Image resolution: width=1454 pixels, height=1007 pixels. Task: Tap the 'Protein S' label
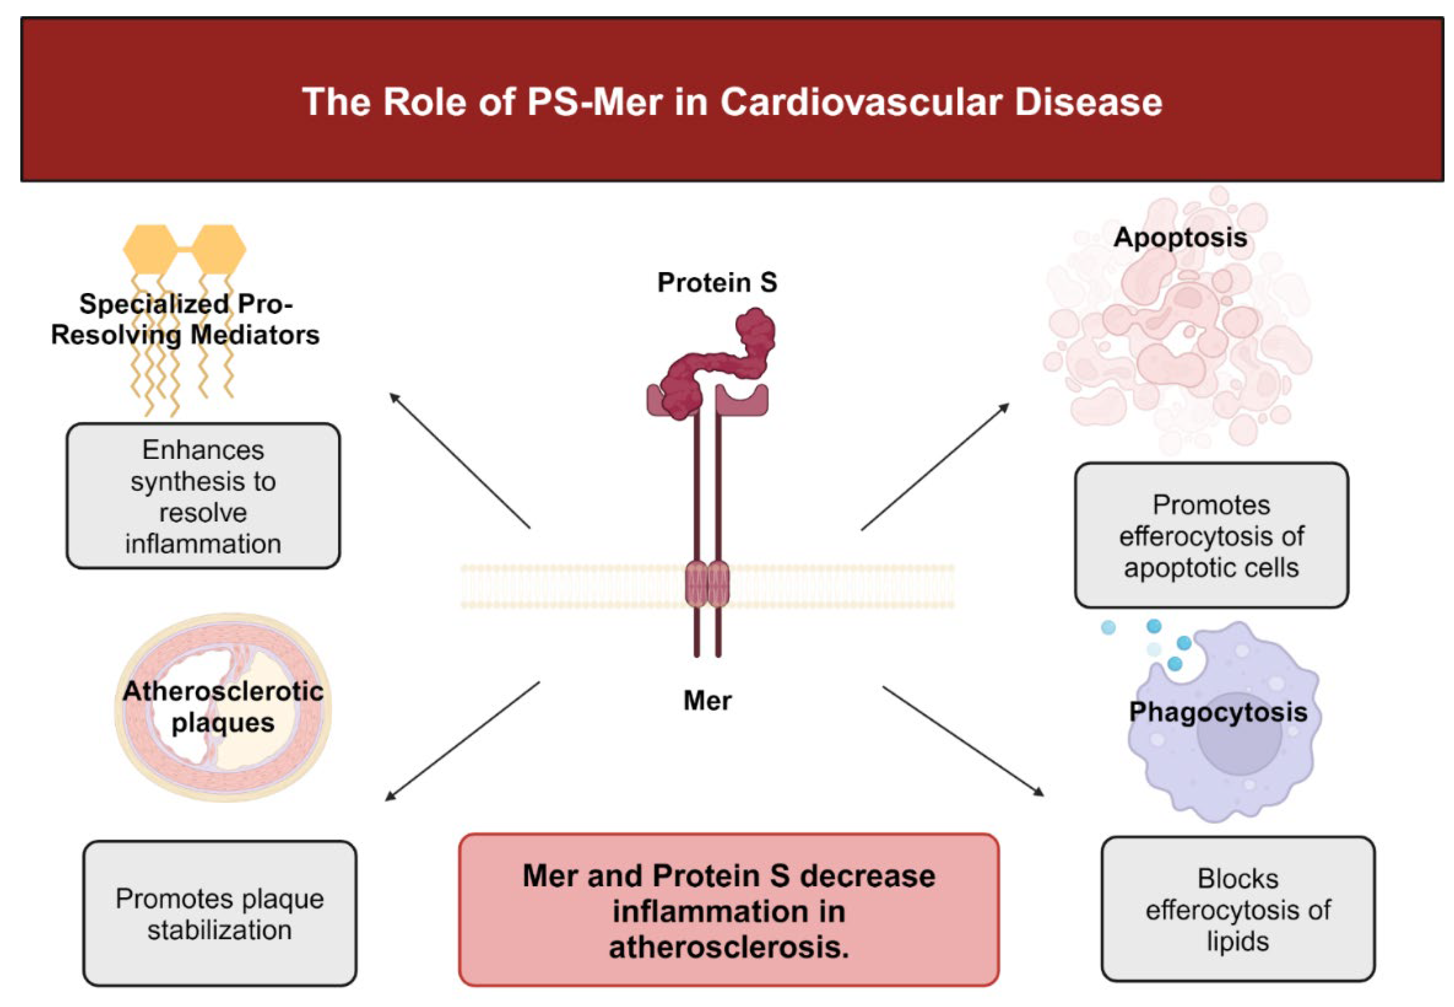pos(717,283)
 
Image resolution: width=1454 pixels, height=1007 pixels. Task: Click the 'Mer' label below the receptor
pos(707,700)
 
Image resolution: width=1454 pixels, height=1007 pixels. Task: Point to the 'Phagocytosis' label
pos(1217,712)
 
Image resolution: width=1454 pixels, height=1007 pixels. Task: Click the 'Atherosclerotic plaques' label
pos(223,707)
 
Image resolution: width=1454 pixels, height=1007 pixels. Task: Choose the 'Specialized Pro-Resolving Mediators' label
pos(185,319)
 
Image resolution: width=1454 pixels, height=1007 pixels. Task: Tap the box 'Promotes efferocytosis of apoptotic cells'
pos(1211,536)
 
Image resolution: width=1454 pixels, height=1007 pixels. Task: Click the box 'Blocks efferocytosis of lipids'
pos(1238,909)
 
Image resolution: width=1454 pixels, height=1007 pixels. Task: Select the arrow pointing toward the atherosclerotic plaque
pos(462,742)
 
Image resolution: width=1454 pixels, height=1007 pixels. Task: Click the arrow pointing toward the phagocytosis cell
pos(963,742)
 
